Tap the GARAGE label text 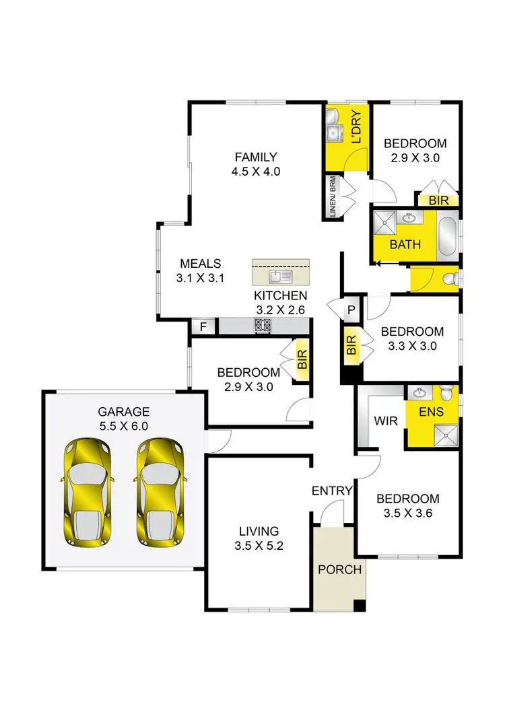coord(123,411)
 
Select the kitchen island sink coord(280,276)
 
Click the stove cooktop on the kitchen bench coord(262,326)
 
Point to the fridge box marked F coord(203,327)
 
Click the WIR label coord(384,421)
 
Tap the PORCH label coord(340,569)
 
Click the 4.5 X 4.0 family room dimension coord(255,172)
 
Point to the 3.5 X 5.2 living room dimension coord(259,546)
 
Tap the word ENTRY coord(332,491)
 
